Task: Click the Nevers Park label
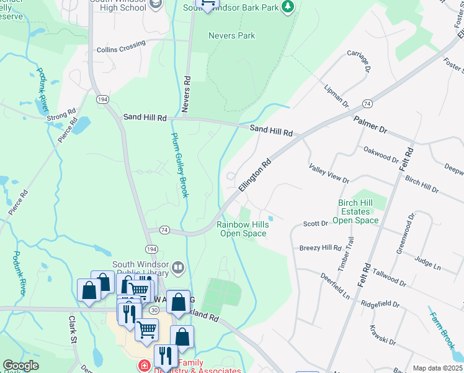(231, 35)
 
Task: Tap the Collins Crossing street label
(121, 47)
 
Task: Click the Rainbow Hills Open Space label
(243, 229)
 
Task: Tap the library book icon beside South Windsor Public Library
(178, 268)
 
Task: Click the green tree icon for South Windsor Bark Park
(287, 6)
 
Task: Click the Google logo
(20, 366)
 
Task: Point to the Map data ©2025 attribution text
(437, 368)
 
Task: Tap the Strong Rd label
(61, 114)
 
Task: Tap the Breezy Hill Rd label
(320, 247)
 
